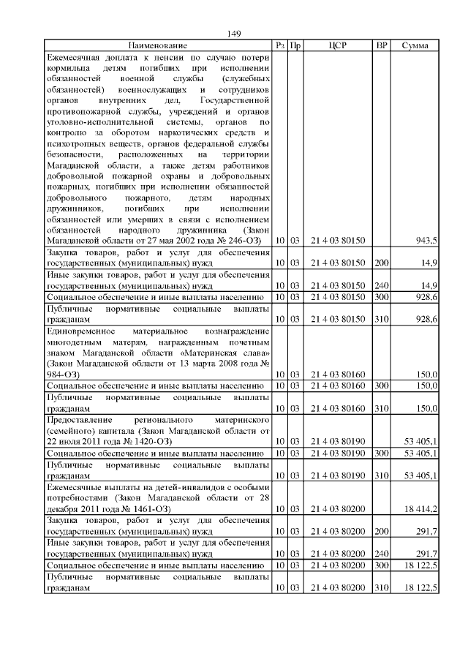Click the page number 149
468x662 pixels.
pos(234,34)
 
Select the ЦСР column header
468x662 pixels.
pos(336,45)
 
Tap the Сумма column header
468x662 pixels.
pos(415,45)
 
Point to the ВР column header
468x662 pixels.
pos(381,45)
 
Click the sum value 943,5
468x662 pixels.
pos(426,240)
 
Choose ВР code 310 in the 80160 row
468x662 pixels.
pos(381,407)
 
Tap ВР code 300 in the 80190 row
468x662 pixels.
pos(381,454)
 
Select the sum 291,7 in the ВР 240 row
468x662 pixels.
pos(426,553)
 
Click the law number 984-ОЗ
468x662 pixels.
pos(64,374)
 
